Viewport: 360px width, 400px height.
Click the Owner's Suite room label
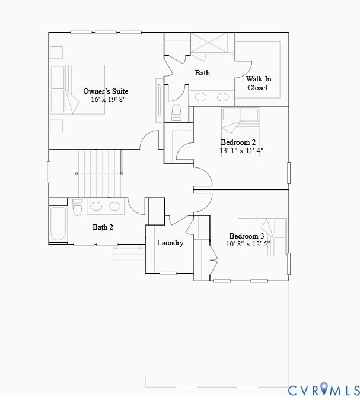[x=106, y=91]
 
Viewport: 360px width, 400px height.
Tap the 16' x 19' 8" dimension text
[x=108, y=100]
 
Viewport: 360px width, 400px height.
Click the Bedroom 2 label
[x=238, y=142]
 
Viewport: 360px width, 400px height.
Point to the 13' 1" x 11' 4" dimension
[x=241, y=151]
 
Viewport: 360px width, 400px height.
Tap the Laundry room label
[x=170, y=243]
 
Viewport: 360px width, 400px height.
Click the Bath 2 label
[x=103, y=227]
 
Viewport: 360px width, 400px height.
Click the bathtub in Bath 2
[x=58, y=224]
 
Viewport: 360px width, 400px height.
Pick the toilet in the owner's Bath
[x=176, y=112]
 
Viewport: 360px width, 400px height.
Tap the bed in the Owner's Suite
[x=77, y=89]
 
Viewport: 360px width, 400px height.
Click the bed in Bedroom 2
[x=240, y=121]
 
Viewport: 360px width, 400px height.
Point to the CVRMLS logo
[x=323, y=390]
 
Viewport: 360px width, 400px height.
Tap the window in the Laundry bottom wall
[x=168, y=273]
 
